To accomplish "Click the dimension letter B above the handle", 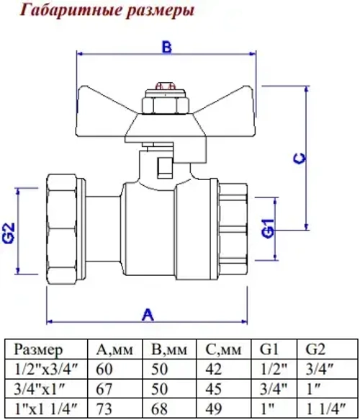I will coord(167,47).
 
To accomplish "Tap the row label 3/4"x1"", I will coord(40,389).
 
